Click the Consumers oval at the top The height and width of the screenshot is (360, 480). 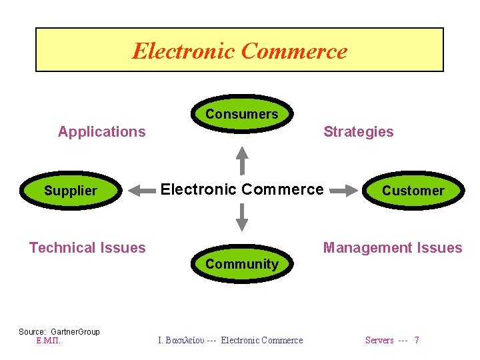tap(241, 114)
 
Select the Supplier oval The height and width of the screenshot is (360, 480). tap(71, 191)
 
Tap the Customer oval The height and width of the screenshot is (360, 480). tap(413, 191)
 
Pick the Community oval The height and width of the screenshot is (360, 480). tap(241, 264)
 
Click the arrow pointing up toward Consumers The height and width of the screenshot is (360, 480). tap(243, 160)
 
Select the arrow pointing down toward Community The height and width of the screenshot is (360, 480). tap(243, 216)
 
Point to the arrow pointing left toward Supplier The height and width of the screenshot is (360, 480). tap(141, 191)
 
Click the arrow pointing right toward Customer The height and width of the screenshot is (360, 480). tap(344, 191)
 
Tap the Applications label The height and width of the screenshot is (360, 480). tap(101, 131)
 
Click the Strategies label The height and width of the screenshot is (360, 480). tap(358, 131)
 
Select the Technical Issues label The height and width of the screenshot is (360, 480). tap(87, 248)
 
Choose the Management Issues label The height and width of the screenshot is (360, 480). tap(392, 248)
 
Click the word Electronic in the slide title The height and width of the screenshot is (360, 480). tap(183, 51)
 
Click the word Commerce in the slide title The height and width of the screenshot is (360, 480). tap(294, 51)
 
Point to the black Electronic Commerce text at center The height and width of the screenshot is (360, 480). tap(242, 189)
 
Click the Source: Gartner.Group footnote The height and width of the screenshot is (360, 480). tap(59, 331)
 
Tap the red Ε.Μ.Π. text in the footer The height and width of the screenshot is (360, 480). tap(48, 340)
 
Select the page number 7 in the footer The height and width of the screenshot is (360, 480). tap(417, 340)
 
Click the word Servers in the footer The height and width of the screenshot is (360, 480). tap(379, 340)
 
